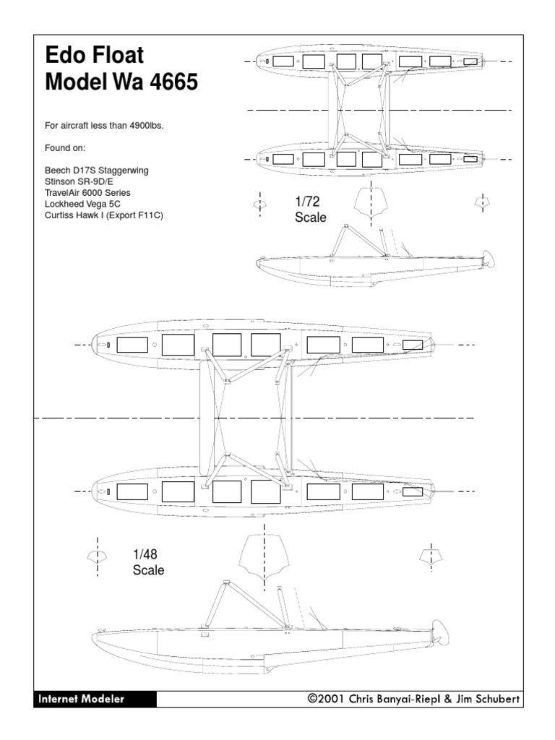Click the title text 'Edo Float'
tap(95, 56)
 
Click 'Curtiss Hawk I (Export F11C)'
tap(104, 215)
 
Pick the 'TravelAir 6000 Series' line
tap(88, 193)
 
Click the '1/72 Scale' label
tap(310, 210)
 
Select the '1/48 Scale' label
tap(148, 562)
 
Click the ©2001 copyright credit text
tap(413, 699)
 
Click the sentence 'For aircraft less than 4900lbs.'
tap(104, 126)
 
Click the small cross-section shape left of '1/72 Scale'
tap(259, 205)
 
